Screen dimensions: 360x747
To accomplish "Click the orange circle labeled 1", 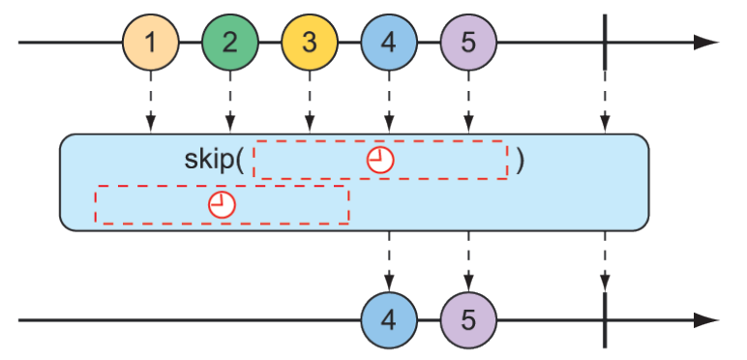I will click(150, 43).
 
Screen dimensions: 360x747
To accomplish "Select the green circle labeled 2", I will click(229, 43).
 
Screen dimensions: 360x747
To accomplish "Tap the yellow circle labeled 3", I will click(309, 43).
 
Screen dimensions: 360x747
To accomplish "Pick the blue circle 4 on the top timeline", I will click(388, 43).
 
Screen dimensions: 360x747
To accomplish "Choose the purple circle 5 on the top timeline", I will click(467, 43).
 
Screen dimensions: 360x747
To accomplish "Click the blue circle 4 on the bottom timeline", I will click(388, 319).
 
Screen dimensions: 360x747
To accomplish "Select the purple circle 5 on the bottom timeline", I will click(467, 319).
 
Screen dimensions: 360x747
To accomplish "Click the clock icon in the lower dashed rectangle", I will click(223, 204).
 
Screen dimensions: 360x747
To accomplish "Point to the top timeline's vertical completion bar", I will click(605, 43).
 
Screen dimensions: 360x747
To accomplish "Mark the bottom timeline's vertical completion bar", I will click(605, 319).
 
